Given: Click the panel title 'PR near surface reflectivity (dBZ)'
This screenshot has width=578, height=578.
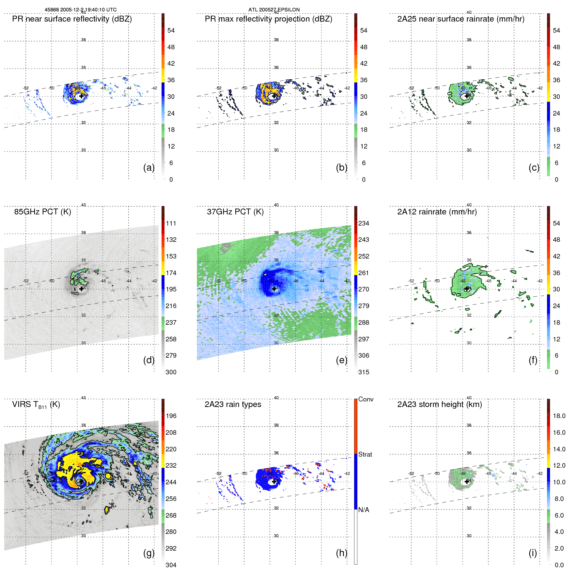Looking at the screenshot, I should point(72,19).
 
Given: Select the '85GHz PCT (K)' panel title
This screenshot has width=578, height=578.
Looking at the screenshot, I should point(42,212).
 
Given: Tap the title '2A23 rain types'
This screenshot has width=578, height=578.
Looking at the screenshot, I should point(233,404).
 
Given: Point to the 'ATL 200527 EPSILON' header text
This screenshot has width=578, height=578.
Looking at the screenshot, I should point(274,10).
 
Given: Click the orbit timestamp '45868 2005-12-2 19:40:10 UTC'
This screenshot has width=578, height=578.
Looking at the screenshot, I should point(81,10).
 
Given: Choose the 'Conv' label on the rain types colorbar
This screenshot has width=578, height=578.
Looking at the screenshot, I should point(366,399).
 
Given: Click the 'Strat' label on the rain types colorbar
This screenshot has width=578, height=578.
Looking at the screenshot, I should point(365,454).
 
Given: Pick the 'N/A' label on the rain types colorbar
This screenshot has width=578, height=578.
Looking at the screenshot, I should point(364,510).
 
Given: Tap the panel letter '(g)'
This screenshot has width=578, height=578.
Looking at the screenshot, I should point(148,553).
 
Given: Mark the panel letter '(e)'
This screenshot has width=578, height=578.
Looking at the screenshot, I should point(341,360).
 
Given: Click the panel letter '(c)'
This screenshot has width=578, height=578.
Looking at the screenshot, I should point(534,167).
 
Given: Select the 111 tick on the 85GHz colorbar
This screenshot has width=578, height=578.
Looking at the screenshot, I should point(171,223).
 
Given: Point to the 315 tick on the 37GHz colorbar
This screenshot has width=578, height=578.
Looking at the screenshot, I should point(364,372).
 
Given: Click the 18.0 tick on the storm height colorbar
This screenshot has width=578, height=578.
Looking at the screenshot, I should point(559,416).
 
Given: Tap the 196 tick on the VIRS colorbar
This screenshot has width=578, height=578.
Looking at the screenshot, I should point(171,416).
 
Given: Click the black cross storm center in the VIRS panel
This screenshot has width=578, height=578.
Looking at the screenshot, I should point(81,481).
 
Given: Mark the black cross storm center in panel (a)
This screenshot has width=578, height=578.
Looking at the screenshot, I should point(81,96).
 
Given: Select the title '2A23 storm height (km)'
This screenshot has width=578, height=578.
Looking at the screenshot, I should point(439,404).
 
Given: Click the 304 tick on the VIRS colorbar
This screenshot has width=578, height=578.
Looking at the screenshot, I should point(171,565).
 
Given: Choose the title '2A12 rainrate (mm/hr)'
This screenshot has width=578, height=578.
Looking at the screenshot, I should point(437,212).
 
